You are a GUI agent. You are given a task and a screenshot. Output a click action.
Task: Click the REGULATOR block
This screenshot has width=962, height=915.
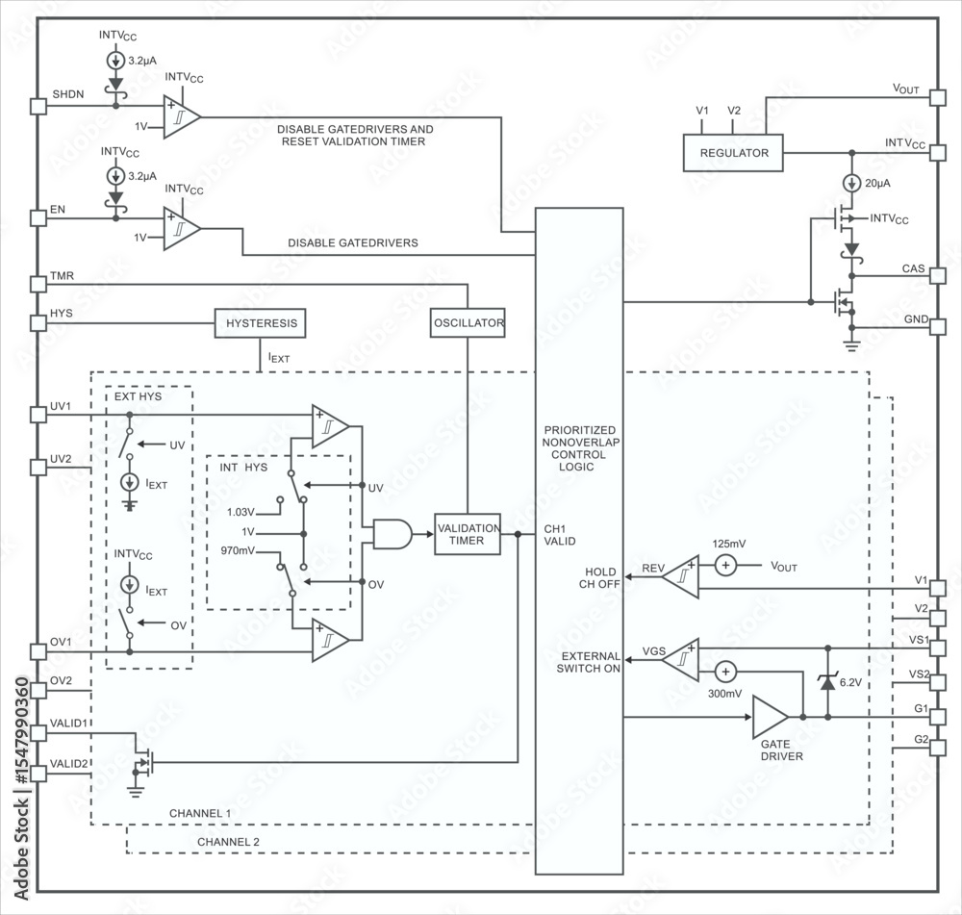pos(733,153)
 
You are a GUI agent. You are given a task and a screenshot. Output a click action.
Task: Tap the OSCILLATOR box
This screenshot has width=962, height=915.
pos(468,323)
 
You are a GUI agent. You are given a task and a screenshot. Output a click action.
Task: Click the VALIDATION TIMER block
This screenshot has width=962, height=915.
pos(468,535)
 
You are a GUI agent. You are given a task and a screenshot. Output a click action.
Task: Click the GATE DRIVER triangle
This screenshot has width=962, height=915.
pos(769,717)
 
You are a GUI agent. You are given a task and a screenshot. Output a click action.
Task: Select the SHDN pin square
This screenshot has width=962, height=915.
pos(38,107)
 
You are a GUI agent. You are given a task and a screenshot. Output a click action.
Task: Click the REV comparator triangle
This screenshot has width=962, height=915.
pos(681,575)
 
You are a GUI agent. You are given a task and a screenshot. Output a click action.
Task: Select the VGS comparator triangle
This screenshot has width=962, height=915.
pos(681,659)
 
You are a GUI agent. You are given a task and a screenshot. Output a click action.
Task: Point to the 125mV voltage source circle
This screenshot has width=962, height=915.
pos(725,566)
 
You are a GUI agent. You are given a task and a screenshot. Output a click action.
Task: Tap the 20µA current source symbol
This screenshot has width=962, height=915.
pos(851,183)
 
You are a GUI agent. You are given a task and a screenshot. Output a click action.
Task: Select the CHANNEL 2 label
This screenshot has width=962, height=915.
pos(228,843)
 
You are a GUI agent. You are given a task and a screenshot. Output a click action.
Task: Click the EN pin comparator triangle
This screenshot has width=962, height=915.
pos(181,229)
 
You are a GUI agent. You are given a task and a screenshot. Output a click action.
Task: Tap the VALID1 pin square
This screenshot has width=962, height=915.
pos(38,733)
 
